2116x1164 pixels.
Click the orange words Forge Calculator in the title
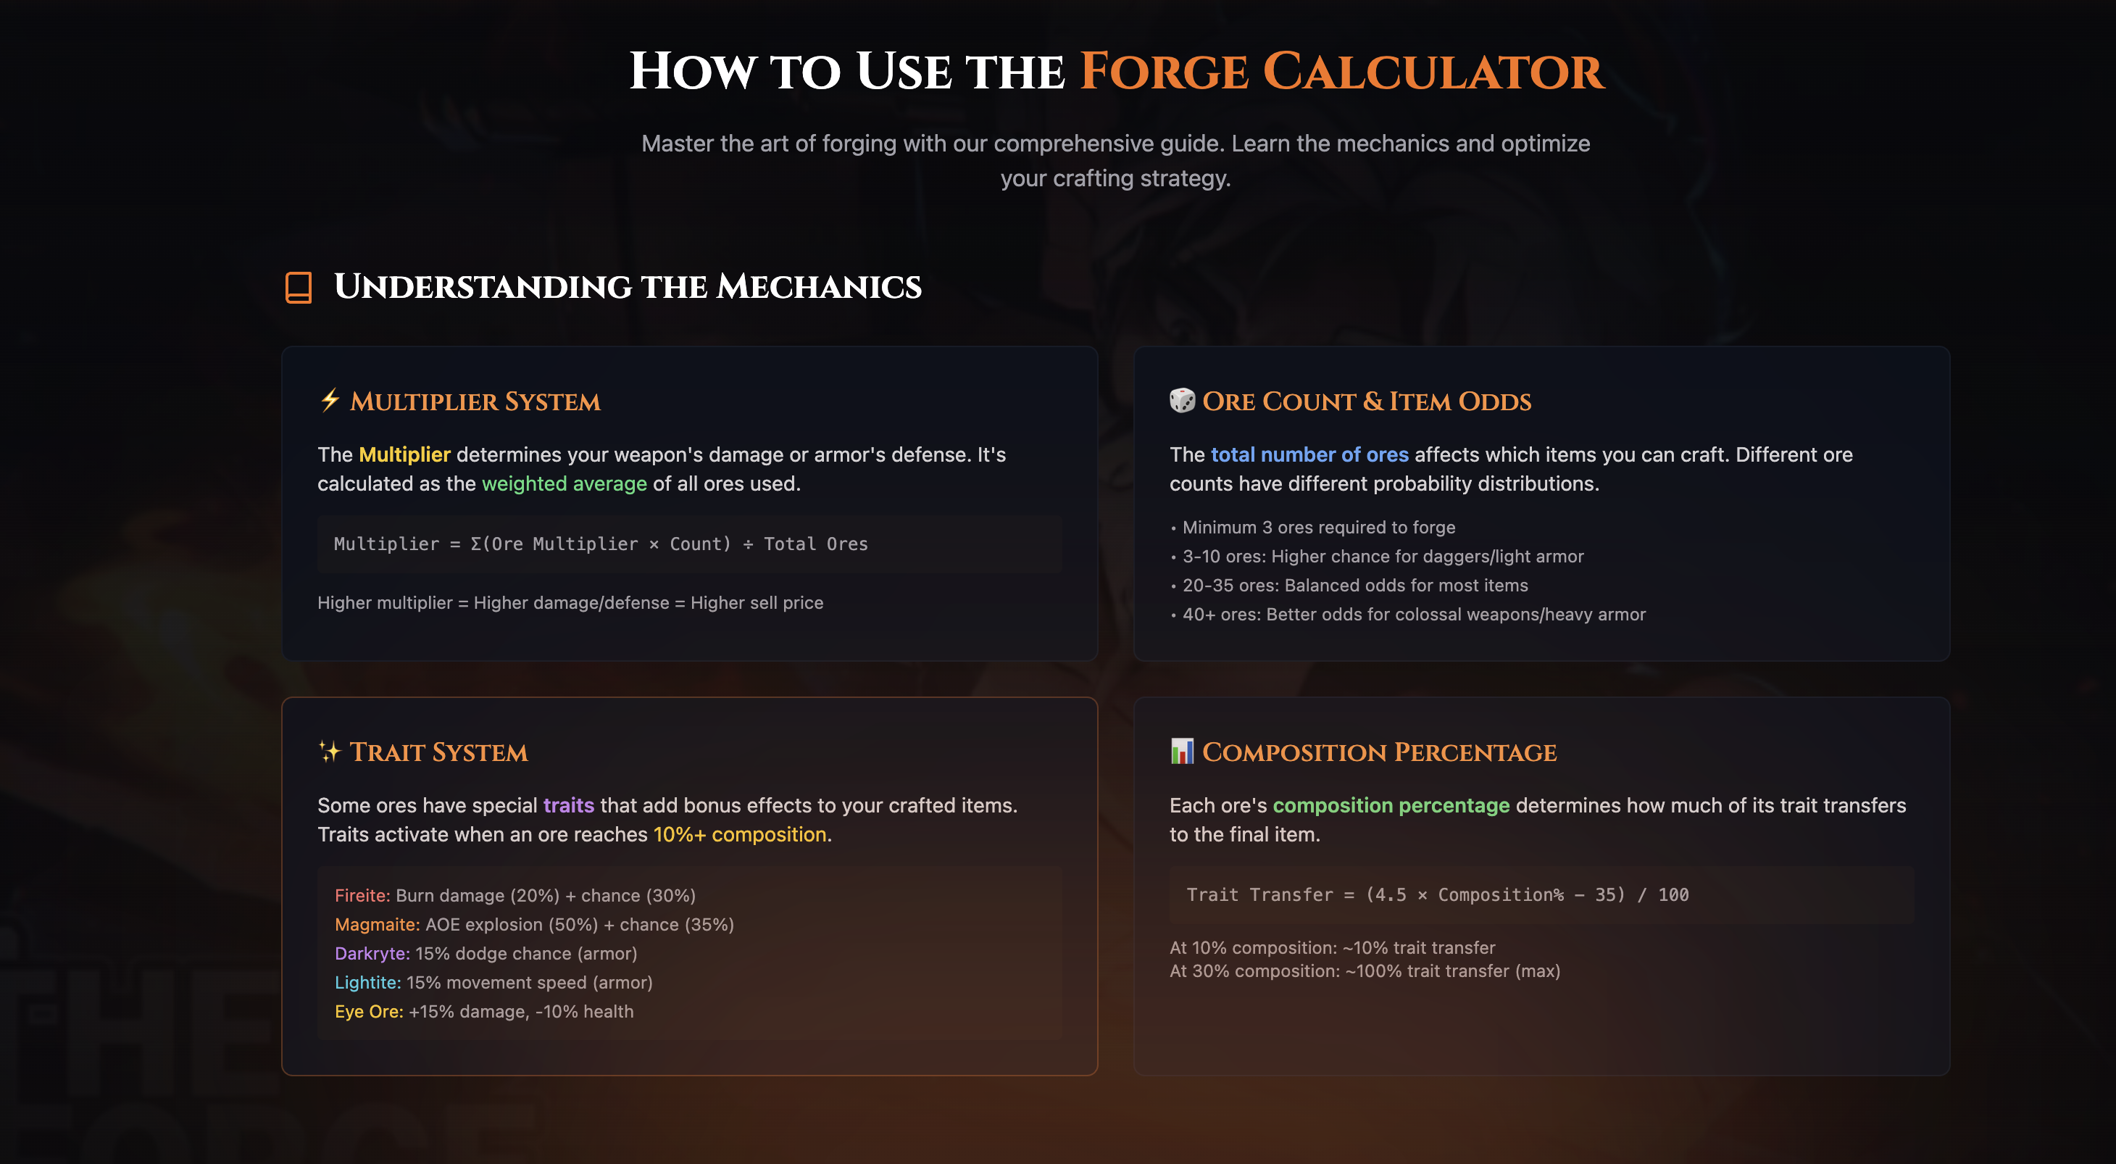click(1341, 72)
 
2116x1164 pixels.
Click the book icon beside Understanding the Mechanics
click(298, 288)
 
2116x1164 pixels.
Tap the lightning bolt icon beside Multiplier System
click(330, 400)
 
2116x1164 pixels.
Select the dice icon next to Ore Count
click(1182, 400)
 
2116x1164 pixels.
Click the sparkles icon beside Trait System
click(330, 751)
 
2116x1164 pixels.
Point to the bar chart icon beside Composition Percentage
click(1182, 751)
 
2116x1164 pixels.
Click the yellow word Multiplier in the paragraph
click(404, 454)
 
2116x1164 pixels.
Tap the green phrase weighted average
click(565, 484)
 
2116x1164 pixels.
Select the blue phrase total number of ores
click(1309, 454)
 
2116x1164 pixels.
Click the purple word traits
click(568, 805)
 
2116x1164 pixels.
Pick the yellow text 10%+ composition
click(739, 835)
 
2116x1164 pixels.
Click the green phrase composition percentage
click(1391, 805)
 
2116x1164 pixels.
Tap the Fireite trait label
click(362, 895)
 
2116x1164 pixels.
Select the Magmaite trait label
click(377, 925)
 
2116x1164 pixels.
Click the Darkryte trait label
click(372, 954)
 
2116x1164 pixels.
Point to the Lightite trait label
click(367, 983)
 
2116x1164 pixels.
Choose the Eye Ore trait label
click(369, 1012)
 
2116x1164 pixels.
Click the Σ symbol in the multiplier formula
click(475, 544)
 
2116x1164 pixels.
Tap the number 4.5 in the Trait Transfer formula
click(1386, 895)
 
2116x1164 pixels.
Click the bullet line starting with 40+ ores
click(1413, 615)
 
